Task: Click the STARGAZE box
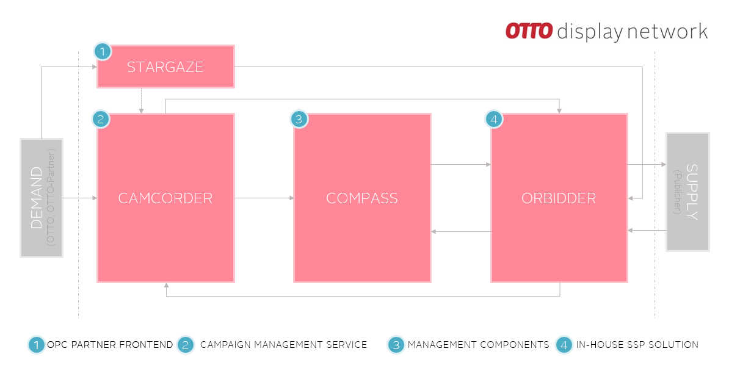pyautogui.click(x=165, y=67)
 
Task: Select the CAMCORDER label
pyautogui.click(x=165, y=198)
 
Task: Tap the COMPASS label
pyautogui.click(x=362, y=198)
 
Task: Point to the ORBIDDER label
pyautogui.click(x=559, y=198)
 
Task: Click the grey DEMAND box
pyautogui.click(x=42, y=198)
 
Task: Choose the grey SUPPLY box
pyautogui.click(x=687, y=192)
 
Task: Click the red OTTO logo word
pyautogui.click(x=529, y=31)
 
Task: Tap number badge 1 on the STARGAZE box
pyautogui.click(x=103, y=52)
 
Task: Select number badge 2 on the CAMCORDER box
pyautogui.click(x=101, y=119)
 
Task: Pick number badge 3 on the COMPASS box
pyautogui.click(x=298, y=119)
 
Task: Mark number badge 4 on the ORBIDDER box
pyautogui.click(x=494, y=119)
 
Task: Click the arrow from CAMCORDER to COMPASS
pyautogui.click(x=264, y=198)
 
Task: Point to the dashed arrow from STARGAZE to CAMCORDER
pyautogui.click(x=141, y=100)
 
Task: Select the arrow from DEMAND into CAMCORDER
pyautogui.click(x=79, y=198)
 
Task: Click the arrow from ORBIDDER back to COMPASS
pyautogui.click(x=461, y=231)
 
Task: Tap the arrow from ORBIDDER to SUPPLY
pyautogui.click(x=646, y=165)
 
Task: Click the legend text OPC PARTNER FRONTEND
pyautogui.click(x=110, y=345)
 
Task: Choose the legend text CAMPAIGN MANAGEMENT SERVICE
pyautogui.click(x=283, y=345)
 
